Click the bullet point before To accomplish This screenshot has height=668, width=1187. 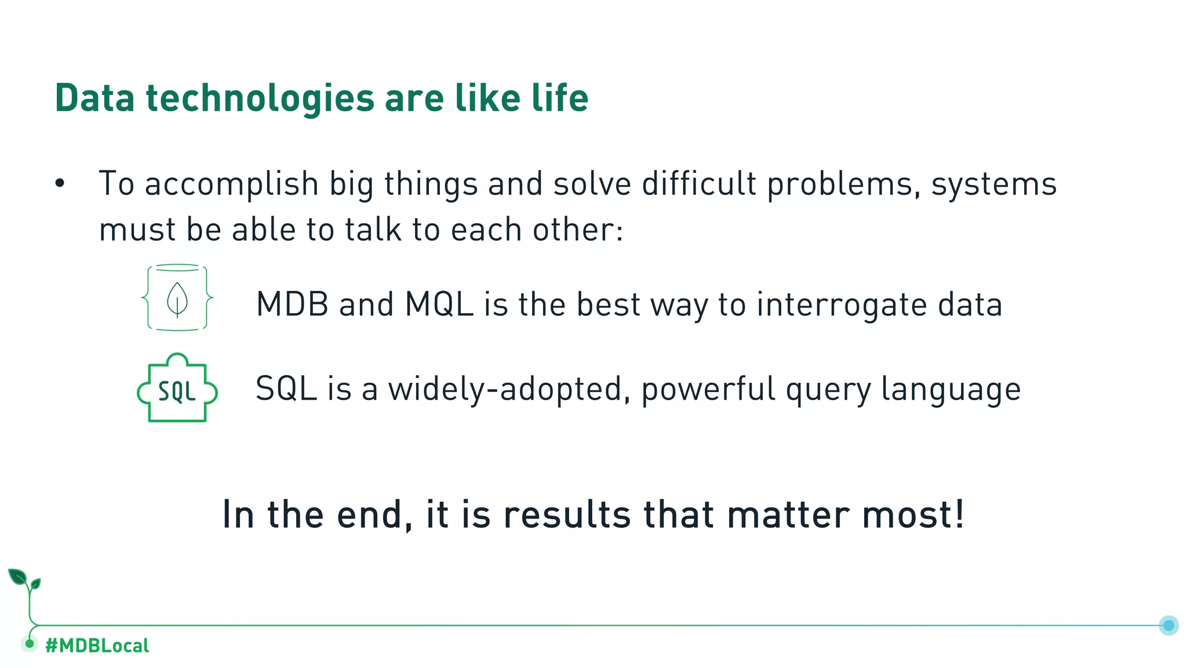(60, 184)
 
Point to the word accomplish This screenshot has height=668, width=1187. (231, 184)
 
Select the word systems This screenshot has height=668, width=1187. (993, 184)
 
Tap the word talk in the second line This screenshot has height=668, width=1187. (373, 230)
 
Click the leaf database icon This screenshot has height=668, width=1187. (177, 298)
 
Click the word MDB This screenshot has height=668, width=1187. (292, 304)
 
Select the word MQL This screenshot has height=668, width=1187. (439, 304)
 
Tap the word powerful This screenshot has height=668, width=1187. (708, 389)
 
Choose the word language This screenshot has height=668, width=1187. (951, 389)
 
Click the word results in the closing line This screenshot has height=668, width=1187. (566, 514)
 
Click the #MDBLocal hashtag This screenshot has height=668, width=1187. (97, 645)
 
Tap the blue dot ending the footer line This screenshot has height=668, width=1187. (1168, 625)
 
